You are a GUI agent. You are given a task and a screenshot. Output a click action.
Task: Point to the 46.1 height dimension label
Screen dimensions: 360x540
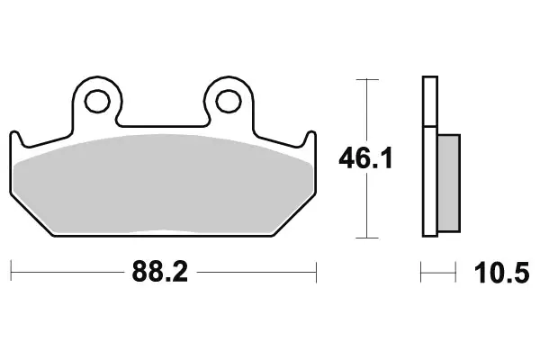click(x=365, y=160)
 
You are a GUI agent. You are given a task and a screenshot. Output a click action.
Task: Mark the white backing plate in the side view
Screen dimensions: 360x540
click(x=429, y=157)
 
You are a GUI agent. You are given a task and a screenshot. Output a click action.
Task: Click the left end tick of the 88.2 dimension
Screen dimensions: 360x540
click(x=11, y=268)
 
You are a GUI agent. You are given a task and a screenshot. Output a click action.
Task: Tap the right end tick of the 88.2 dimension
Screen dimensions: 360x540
click(x=317, y=268)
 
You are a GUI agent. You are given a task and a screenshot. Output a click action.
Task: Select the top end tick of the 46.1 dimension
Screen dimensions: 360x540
click(x=365, y=81)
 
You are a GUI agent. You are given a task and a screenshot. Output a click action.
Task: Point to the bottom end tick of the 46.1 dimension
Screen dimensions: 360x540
click(x=365, y=238)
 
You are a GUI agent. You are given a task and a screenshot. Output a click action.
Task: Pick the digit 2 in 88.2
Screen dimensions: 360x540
click(x=180, y=271)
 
